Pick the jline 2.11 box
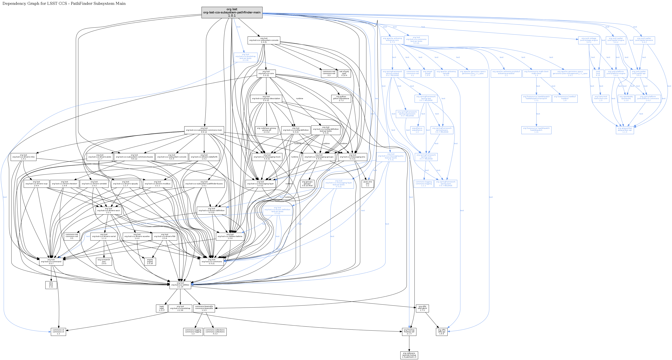(51, 285)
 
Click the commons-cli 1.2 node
(58, 332)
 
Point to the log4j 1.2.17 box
(162, 308)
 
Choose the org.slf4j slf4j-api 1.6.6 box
(441, 332)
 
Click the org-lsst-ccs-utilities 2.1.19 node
(180, 285)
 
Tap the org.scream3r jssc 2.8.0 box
(104, 261)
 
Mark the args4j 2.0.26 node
(150, 261)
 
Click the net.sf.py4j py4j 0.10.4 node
(344, 73)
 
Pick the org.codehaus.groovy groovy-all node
(266, 130)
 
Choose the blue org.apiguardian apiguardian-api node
(625, 130)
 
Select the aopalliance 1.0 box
(417, 130)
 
